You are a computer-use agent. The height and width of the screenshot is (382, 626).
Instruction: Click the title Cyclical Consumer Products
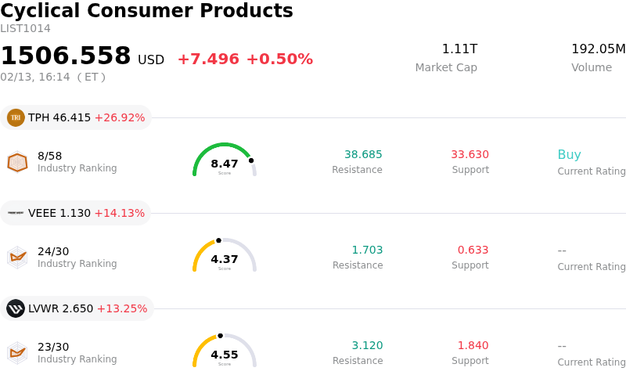coord(146,11)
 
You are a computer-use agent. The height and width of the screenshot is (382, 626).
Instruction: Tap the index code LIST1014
coord(25,29)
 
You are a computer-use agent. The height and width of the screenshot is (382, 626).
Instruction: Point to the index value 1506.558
coord(66,56)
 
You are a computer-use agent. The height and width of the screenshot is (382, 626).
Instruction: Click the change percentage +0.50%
coord(279,59)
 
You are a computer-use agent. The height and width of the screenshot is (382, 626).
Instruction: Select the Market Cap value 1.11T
coord(459,49)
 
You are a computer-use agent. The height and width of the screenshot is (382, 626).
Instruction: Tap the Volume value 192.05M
coord(598,49)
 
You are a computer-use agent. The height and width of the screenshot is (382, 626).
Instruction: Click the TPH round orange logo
coord(16,117)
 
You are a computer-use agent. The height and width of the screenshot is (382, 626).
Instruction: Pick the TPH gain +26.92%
coord(120,118)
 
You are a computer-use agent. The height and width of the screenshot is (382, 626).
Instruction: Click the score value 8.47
coord(225,164)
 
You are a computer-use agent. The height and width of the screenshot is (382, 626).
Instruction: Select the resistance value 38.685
coord(363,155)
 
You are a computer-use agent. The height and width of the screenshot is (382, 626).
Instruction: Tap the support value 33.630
coord(469,155)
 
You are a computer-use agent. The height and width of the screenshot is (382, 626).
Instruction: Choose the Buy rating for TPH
coord(569,155)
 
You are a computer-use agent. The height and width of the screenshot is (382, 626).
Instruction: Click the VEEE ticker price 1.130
coord(75,214)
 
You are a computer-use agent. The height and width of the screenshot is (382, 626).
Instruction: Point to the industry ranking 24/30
coord(53,251)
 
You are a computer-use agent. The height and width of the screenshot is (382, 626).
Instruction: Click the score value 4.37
coord(225,259)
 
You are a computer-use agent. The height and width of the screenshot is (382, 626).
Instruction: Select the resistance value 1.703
coord(367,250)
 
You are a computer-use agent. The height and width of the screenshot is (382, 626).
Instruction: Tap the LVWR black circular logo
coord(16,308)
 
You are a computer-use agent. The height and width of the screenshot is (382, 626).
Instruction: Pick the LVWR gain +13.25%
coord(121,309)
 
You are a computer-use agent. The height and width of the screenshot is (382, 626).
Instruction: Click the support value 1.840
coord(473,346)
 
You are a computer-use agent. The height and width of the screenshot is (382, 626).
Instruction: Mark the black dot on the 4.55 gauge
coord(220,336)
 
